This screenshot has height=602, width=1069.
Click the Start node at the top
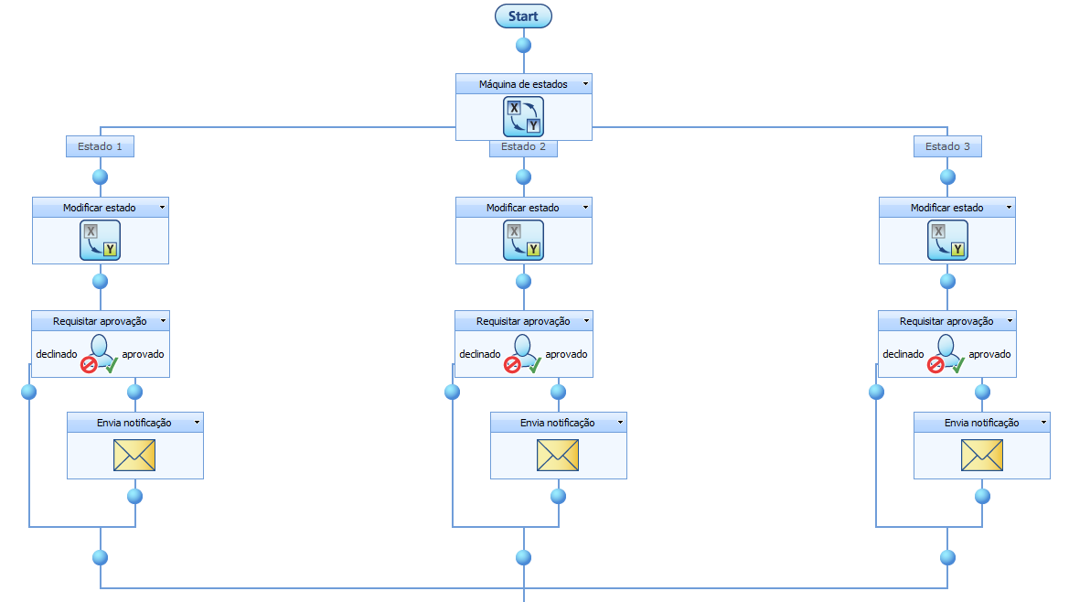(x=523, y=16)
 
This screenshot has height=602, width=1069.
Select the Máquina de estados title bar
(x=523, y=84)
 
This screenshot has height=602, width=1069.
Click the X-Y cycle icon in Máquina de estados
(x=523, y=116)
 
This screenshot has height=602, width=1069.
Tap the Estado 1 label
(x=101, y=146)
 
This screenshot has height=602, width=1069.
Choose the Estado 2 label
(x=523, y=147)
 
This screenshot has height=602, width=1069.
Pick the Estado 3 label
(x=947, y=146)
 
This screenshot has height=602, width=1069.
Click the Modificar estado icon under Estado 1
(x=101, y=240)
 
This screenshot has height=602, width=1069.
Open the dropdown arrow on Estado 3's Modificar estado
(x=1009, y=208)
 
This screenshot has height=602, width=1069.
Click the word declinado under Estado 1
(x=57, y=354)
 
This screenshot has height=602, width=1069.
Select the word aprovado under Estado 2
(x=567, y=354)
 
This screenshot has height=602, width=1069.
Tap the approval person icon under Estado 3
(x=946, y=353)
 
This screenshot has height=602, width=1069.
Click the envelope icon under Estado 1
(x=134, y=455)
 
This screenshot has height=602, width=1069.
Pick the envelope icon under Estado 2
(x=558, y=455)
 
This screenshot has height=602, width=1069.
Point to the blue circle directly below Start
(x=523, y=44)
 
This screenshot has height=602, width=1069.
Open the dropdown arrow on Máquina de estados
(x=584, y=84)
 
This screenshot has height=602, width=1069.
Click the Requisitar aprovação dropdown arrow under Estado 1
(x=163, y=321)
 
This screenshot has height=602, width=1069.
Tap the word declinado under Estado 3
(x=903, y=354)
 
